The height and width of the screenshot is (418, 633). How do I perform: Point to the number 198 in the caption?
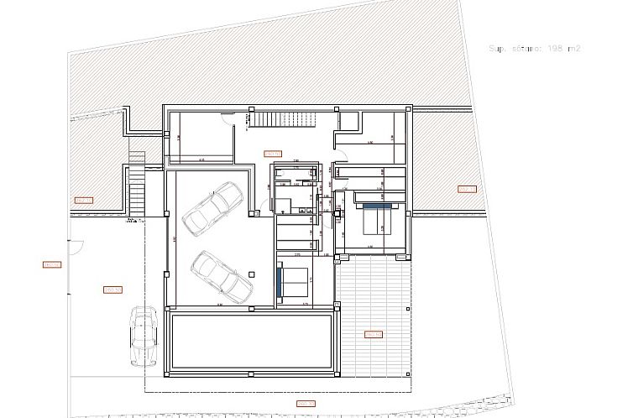[556, 49]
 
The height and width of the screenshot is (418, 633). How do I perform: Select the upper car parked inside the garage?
[213, 207]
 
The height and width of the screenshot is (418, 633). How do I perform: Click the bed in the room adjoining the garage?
[293, 281]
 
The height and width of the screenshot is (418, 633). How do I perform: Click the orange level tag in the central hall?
[272, 154]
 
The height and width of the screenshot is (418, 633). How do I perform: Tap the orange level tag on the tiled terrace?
[374, 334]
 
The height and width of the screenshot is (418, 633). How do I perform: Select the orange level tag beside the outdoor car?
[112, 290]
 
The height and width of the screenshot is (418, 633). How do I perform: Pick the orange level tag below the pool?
[303, 404]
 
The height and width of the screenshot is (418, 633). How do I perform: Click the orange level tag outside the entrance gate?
[52, 265]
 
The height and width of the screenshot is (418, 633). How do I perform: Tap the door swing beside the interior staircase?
[226, 120]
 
